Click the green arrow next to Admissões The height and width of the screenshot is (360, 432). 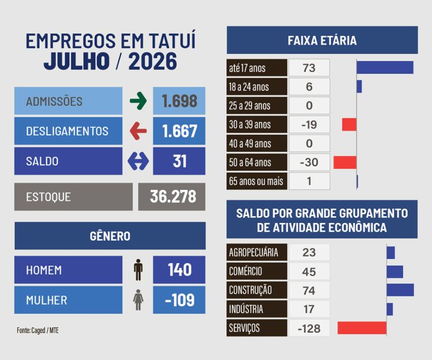[x=138, y=101]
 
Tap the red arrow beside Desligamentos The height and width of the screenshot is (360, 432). [x=138, y=131]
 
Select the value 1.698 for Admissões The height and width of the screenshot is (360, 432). [x=179, y=101]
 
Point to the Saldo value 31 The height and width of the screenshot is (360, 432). [x=179, y=161]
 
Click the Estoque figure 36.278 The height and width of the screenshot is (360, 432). [x=173, y=197]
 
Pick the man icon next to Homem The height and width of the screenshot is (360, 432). [x=138, y=269]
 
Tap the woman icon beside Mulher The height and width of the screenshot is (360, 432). [x=138, y=300]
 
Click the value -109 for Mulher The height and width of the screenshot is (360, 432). [x=179, y=300]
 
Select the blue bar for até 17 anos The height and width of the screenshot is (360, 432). [x=385, y=68]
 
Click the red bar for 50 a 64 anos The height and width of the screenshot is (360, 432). [x=345, y=162]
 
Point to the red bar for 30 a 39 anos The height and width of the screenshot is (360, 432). [x=349, y=125]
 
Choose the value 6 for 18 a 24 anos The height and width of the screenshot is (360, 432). [x=309, y=87]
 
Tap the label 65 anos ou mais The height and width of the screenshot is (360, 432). [x=256, y=181]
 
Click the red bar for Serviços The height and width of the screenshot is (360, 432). [x=362, y=328]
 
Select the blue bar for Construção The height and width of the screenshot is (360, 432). [x=400, y=290]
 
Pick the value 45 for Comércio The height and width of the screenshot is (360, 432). [x=309, y=272]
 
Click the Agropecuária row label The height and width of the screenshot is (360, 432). [x=253, y=252]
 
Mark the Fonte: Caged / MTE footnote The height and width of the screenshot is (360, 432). [x=38, y=330]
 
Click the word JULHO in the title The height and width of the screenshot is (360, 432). [x=76, y=61]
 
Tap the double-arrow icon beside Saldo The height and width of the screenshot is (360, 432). [x=138, y=161]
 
